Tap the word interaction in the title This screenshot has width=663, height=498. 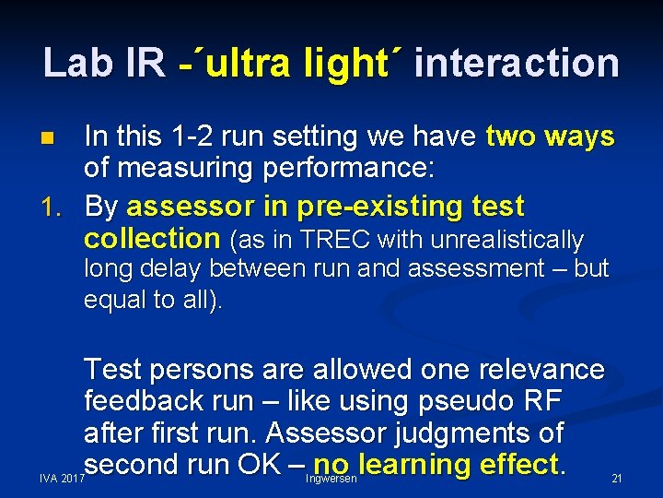517,63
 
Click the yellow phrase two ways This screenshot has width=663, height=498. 550,136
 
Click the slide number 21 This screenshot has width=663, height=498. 617,479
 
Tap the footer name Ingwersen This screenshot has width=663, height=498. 331,479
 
